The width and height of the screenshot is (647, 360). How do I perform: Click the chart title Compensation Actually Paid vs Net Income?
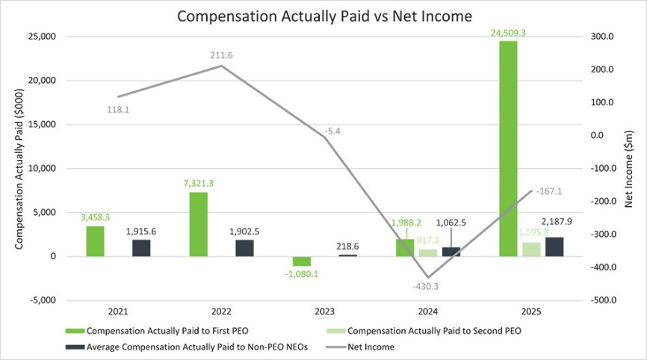coord(323,14)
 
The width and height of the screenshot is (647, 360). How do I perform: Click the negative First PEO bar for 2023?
coord(301,261)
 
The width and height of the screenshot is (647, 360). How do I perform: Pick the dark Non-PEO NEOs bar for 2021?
coord(141,248)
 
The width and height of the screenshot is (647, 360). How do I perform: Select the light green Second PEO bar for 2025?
coord(530,249)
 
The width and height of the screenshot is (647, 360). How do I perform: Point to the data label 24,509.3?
coord(508,33)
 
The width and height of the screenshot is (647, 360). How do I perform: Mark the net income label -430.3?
coord(426,286)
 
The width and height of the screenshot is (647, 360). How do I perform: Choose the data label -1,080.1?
coord(301,273)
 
